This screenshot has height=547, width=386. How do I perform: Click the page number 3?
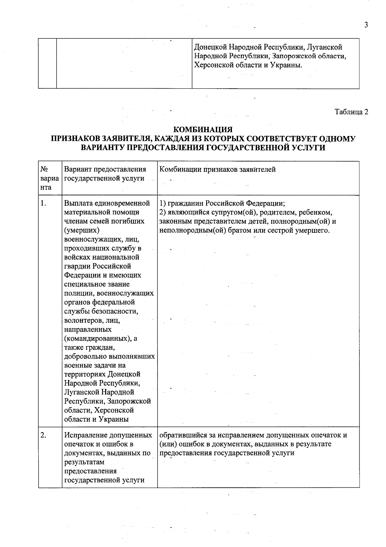coord(366,25)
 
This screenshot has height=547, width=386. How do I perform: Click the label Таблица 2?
coord(351,112)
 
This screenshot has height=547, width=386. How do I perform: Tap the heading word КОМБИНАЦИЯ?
coord(203,130)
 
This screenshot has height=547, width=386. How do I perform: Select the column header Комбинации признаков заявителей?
coord(217,170)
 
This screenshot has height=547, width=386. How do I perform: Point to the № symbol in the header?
coord(44,170)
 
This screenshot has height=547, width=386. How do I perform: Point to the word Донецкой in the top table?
coord(211,47)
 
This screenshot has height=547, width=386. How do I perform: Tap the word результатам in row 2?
coord(84,462)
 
